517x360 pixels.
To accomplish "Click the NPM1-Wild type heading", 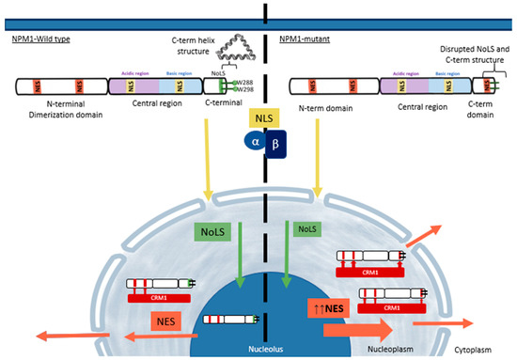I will point(42,39).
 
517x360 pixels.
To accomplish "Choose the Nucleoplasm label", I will point(377,348).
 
